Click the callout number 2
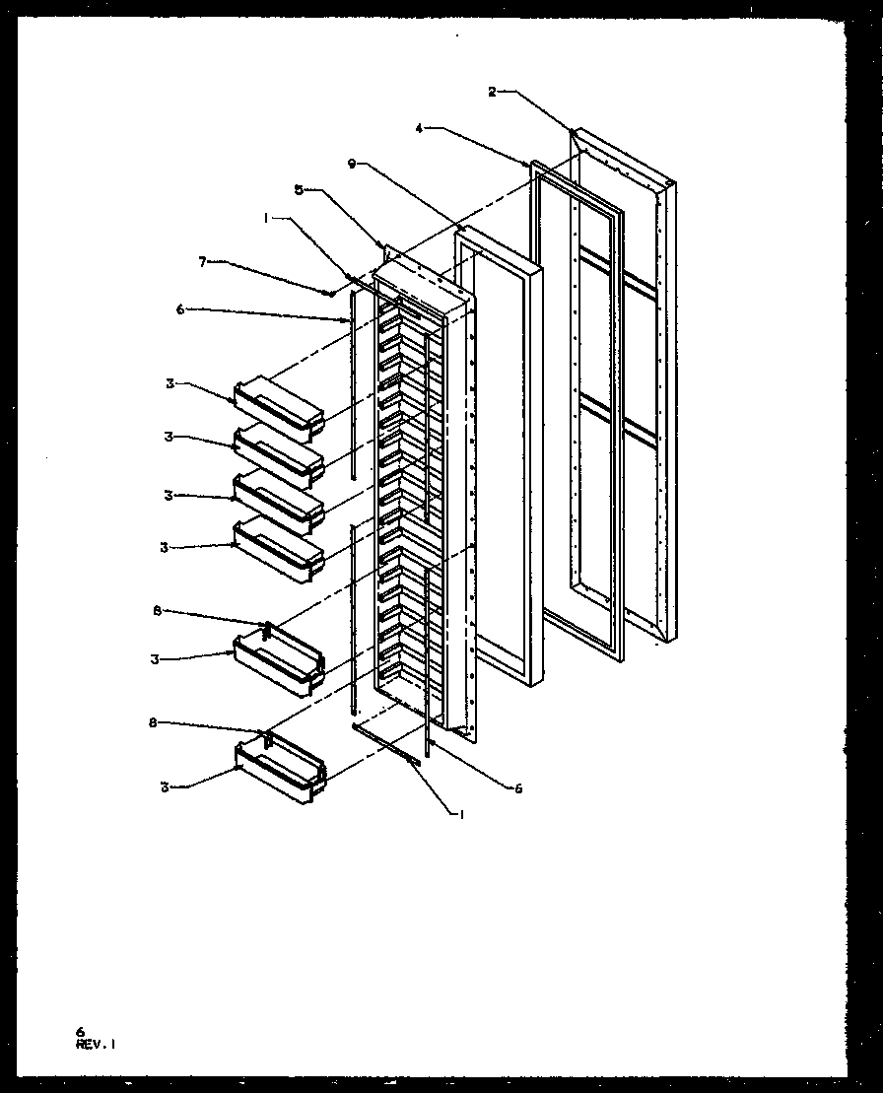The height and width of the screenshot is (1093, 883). tap(492, 92)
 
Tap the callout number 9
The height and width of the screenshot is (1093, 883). tap(353, 165)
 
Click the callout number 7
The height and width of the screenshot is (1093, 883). tap(204, 263)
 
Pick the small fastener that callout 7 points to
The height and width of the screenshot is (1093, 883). tap(333, 293)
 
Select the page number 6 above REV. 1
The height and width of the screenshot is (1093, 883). tap(80, 1031)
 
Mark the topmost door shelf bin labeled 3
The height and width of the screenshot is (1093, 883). tap(279, 406)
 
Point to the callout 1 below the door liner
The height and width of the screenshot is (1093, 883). tap(459, 813)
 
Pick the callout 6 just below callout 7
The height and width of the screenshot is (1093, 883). tap(180, 308)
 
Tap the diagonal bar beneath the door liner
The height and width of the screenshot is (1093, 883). tap(387, 744)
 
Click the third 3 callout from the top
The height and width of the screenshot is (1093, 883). tap(168, 496)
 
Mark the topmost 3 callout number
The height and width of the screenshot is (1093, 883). tap(169, 383)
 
